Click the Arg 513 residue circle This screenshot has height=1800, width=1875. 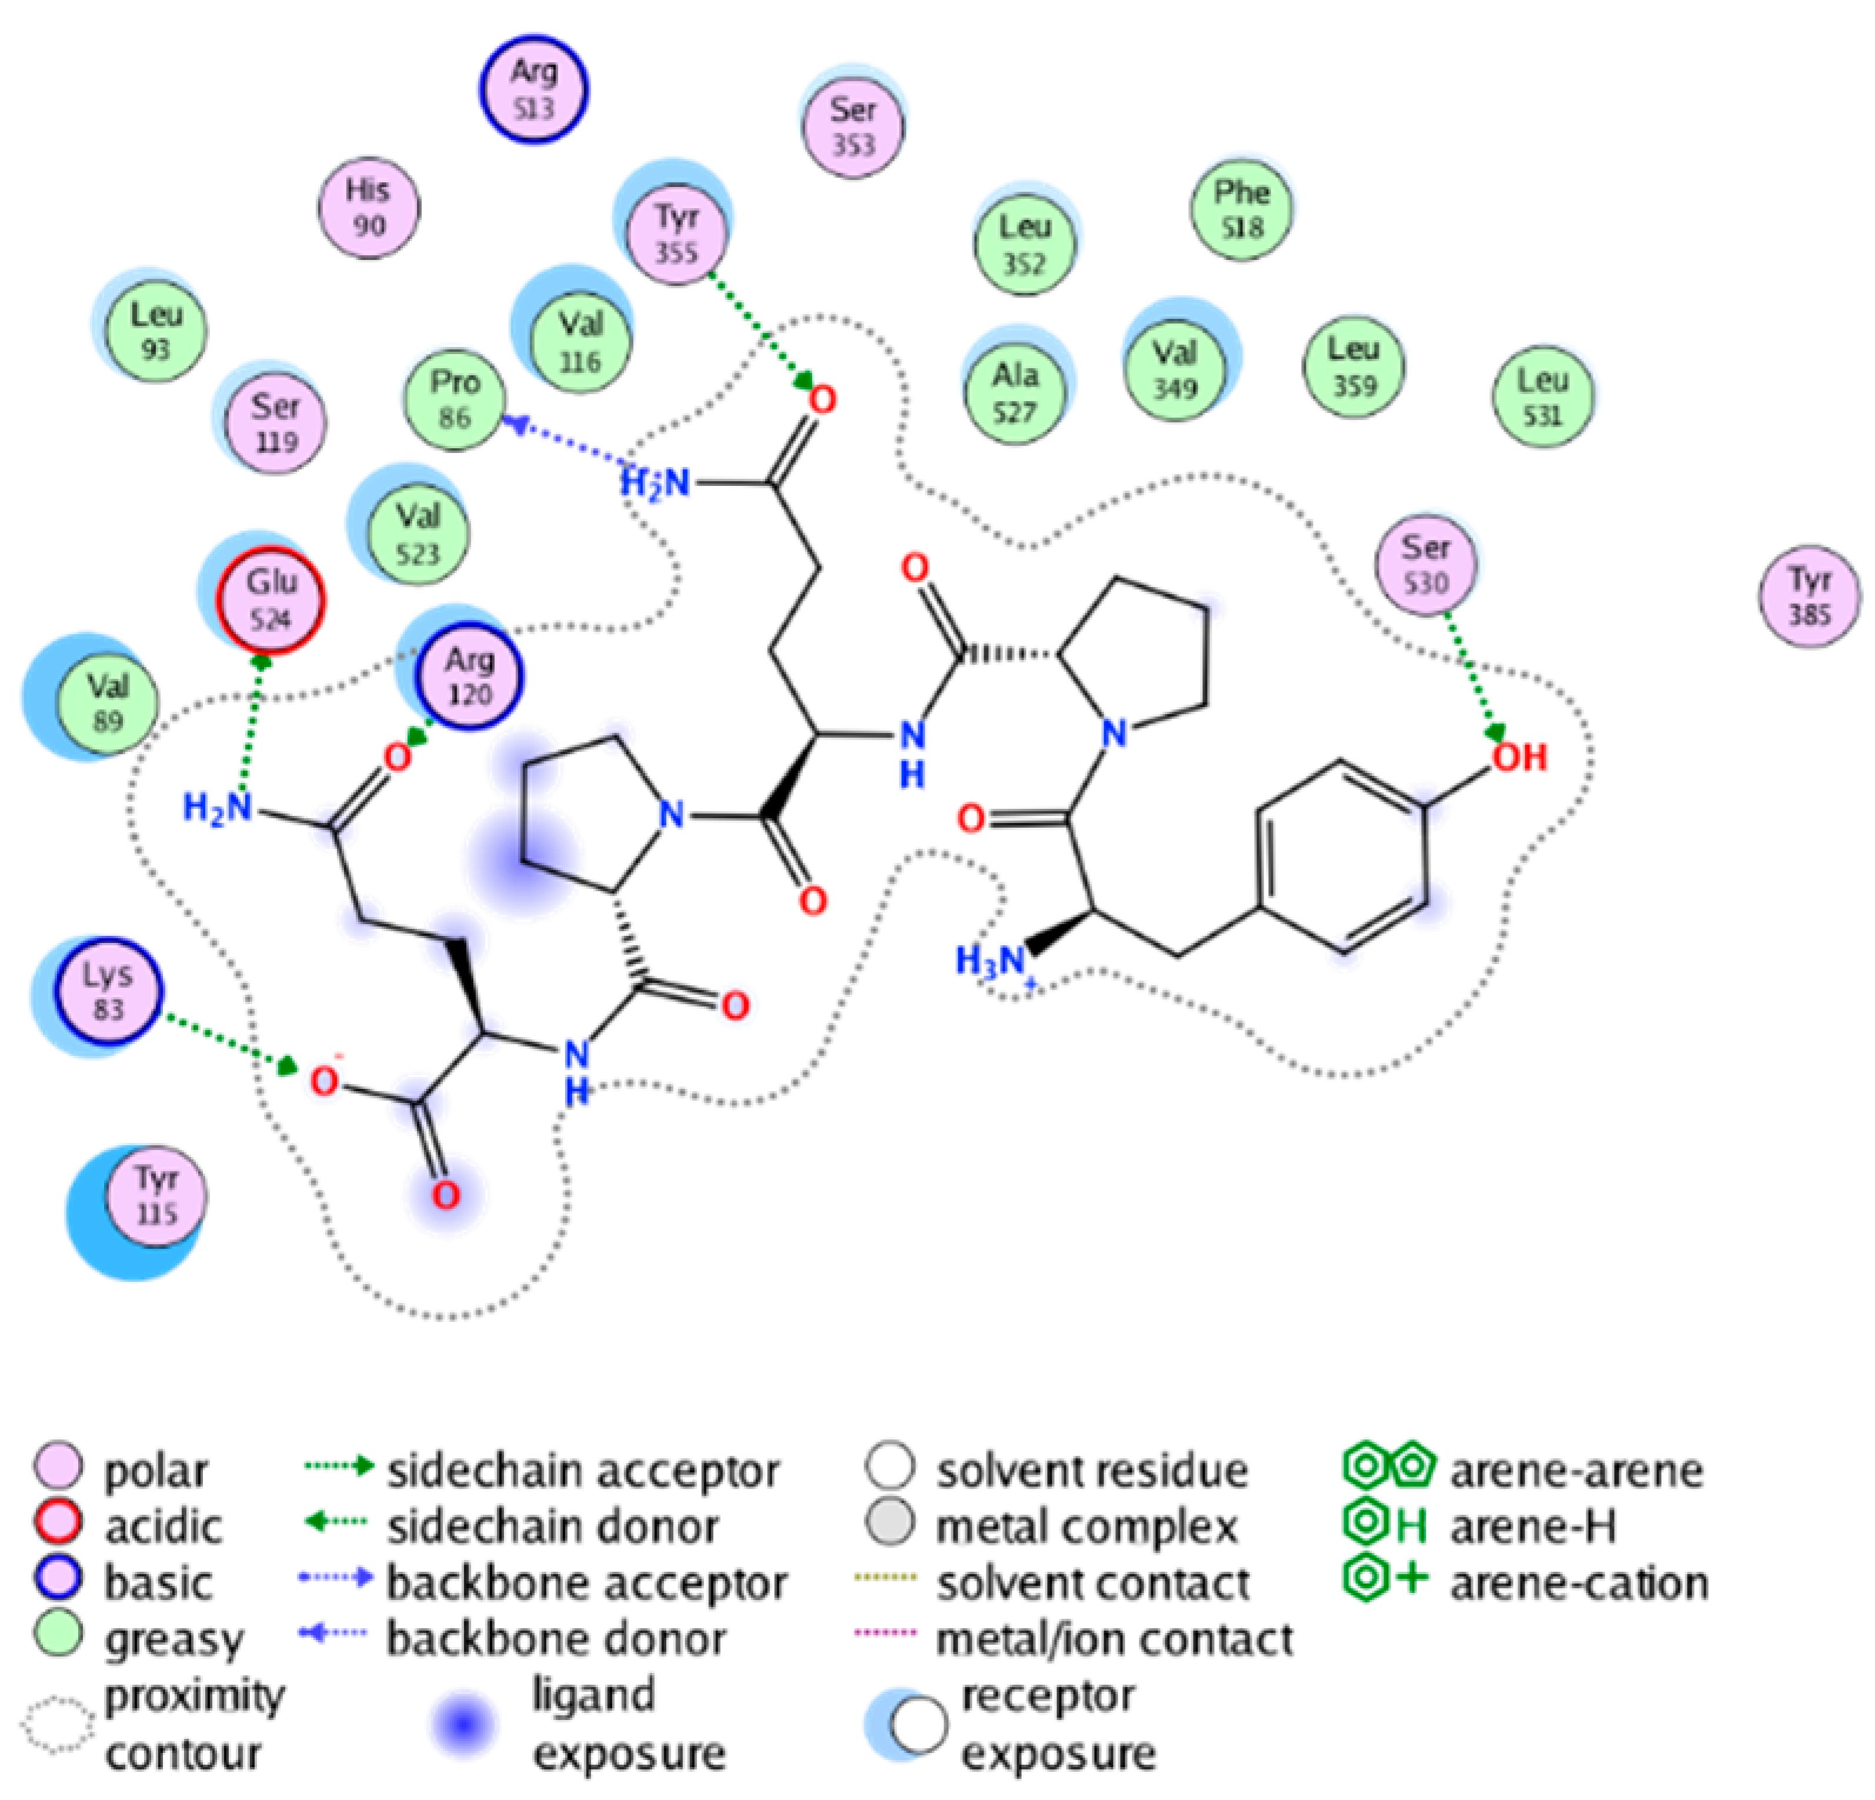coord(534,89)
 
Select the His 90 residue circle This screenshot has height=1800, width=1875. coord(368,206)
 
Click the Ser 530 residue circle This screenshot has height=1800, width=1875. coord(1425,565)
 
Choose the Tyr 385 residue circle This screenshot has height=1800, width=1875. coord(1809,596)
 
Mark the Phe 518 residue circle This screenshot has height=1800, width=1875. coord(1241,209)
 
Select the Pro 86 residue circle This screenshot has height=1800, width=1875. coord(453,399)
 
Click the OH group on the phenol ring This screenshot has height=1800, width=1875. coord(1519,758)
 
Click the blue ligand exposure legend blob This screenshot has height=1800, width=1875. coord(464,1724)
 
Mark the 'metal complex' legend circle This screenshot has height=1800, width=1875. coord(890,1524)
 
